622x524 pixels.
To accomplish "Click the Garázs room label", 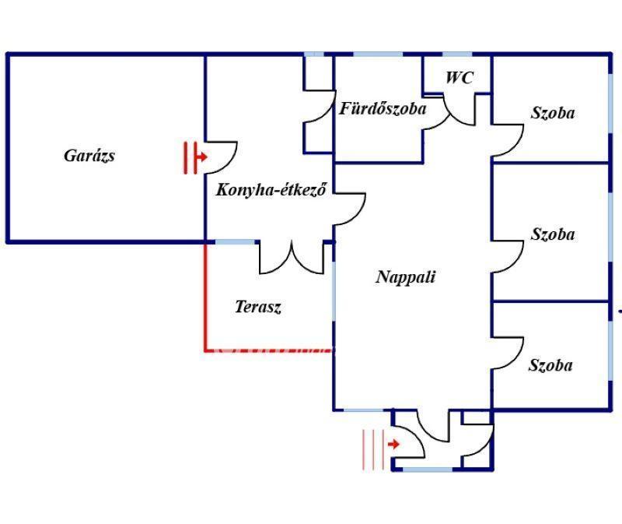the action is [89, 156].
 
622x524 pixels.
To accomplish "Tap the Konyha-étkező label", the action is [271, 189].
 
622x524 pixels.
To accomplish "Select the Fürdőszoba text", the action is [383, 108].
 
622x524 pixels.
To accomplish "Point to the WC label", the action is [460, 77].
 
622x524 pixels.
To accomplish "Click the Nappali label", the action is [405, 277].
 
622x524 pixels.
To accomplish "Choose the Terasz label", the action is [258, 307].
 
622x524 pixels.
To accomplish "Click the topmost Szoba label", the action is [553, 113].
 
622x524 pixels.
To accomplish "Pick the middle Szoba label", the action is [553, 234].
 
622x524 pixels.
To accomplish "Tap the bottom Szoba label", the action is [550, 365].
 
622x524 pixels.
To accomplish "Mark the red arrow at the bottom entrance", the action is [393, 444].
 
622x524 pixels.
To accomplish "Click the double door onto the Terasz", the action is [292, 258].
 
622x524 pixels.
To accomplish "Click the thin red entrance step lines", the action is [373, 450].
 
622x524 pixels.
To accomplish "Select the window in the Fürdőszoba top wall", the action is [378, 54].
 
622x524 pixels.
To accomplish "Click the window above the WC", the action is [457, 54].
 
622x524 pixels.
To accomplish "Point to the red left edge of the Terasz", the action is [205, 297].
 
